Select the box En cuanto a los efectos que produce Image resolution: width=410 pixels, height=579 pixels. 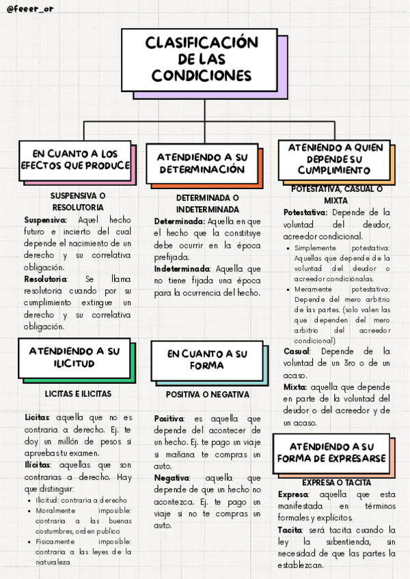tap(74, 160)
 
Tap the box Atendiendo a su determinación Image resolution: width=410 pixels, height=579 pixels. tap(202, 163)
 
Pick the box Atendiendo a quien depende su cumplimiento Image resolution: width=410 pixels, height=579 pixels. tap(334, 158)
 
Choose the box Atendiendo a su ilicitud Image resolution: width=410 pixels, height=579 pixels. tap(74, 357)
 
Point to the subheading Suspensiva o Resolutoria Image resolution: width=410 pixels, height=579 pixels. tap(78, 201)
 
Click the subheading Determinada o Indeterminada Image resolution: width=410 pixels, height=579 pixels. tap(208, 203)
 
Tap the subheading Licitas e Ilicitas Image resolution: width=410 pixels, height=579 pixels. tap(78, 394)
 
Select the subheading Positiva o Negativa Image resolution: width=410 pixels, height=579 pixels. tap(208, 395)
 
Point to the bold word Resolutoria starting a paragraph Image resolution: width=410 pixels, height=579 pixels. tap(46, 279)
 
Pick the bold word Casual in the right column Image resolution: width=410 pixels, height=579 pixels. tap(297, 351)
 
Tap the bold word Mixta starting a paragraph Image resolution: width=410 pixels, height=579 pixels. tap(295, 387)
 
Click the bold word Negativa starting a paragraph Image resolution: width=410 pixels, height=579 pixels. tap(172, 478)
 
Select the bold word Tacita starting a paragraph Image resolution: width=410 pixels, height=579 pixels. tap(290, 530)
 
